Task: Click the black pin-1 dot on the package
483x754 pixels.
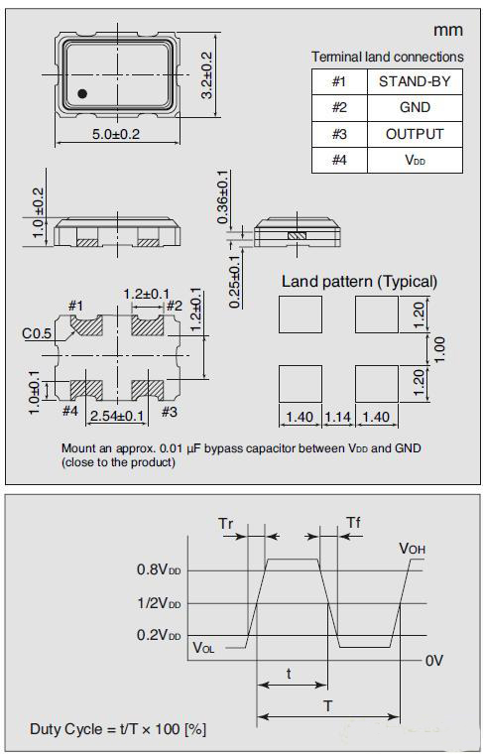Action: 82,94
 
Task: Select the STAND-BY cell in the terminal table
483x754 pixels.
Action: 415,81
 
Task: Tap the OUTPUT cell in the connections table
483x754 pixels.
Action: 415,134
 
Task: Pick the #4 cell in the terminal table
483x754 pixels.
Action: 339,160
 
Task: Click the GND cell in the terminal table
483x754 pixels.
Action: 415,108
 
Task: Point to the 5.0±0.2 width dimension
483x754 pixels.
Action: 116,134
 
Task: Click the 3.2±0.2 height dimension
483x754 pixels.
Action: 207,74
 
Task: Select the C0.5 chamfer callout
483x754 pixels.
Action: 37,333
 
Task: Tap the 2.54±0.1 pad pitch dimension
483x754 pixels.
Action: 117,416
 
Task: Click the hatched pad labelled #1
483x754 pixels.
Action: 87,325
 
